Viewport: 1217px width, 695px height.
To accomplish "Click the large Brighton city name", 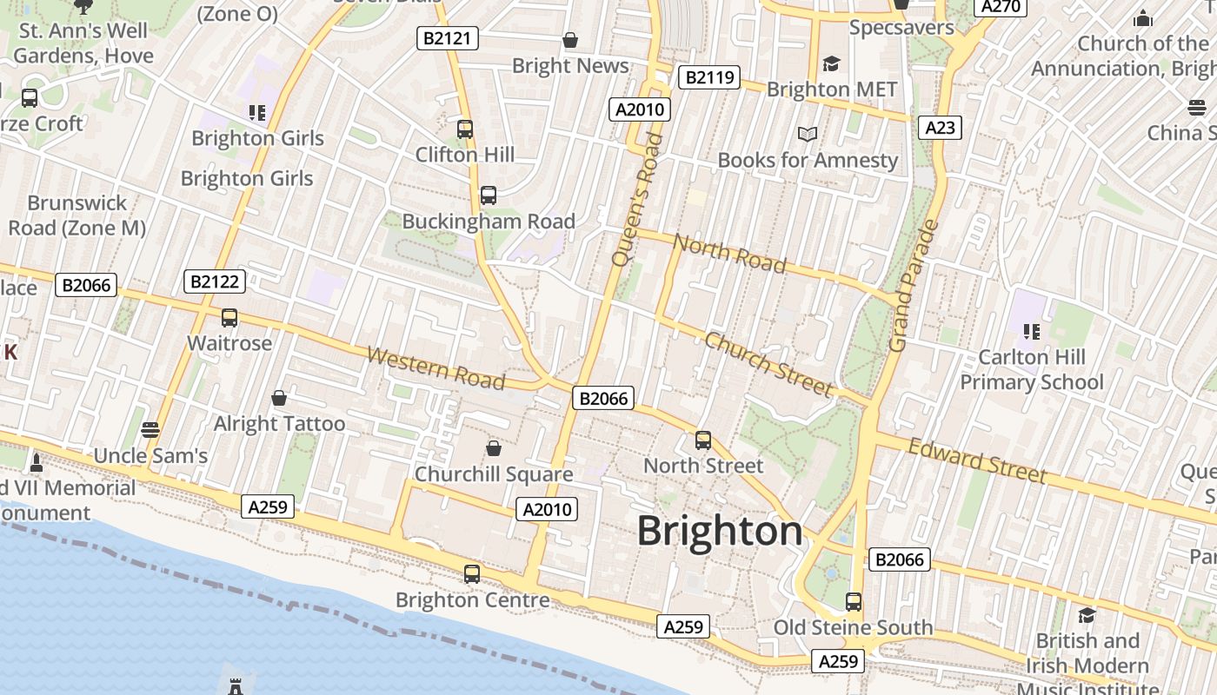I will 720,531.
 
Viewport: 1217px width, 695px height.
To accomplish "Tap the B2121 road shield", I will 447,37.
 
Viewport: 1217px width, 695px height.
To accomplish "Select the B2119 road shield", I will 708,77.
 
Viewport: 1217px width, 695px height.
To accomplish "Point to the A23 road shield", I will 940,128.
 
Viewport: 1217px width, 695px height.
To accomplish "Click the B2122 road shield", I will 215,281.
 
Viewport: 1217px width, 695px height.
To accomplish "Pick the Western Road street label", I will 436,368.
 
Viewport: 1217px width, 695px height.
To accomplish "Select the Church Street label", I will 768,363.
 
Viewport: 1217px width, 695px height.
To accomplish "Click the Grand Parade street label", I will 914,286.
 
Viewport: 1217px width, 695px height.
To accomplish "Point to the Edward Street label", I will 977,460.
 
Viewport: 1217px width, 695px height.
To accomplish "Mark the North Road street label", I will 729,253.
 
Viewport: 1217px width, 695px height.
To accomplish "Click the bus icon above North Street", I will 703,440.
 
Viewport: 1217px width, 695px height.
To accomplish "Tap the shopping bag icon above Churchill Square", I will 494,448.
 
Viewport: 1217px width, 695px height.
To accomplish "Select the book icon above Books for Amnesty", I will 808,134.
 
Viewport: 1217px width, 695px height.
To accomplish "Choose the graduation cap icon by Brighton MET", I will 832,63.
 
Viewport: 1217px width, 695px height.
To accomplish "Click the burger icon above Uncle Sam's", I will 150,429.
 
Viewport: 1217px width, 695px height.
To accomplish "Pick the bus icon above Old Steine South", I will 854,601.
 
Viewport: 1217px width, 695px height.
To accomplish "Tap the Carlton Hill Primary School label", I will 1031,369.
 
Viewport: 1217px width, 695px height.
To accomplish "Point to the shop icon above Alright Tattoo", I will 279,398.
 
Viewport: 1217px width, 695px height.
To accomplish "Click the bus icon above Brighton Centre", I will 472,573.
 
